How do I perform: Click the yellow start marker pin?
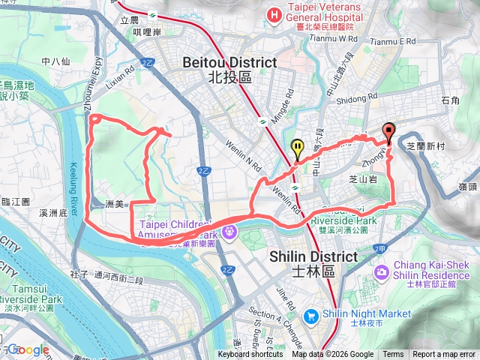[298, 148]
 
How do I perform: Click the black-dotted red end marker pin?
[388, 130]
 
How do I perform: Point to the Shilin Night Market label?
[367, 313]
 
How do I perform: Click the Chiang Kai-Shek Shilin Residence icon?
[382, 270]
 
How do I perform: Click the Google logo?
[28, 349]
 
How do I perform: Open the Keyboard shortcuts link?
[251, 355]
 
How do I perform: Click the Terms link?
[393, 355]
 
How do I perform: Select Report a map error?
[444, 355]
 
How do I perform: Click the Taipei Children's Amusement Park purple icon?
[229, 231]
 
